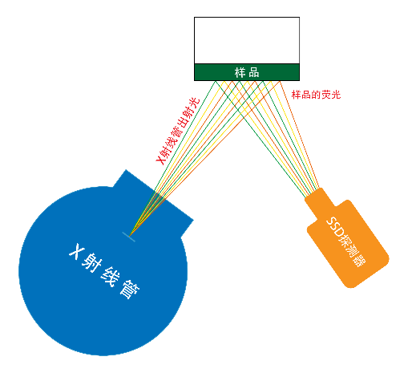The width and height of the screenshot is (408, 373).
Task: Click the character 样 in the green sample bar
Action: [x=240, y=72]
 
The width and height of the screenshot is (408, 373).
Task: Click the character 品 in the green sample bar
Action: [x=254, y=72]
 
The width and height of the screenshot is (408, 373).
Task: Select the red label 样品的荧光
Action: [x=316, y=95]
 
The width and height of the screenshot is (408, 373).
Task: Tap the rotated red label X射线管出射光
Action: [x=178, y=132]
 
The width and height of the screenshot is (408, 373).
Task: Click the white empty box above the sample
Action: [x=247, y=40]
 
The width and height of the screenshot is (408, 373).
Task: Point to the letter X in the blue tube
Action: [x=77, y=251]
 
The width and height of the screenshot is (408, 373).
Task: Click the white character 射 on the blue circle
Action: [x=91, y=262]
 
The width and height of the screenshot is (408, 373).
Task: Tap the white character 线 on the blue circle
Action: [x=111, y=277]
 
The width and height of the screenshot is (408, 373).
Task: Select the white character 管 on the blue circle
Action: [x=130, y=290]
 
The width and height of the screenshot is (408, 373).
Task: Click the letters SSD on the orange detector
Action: [x=335, y=227]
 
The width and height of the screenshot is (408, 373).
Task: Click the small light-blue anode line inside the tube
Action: [x=129, y=237]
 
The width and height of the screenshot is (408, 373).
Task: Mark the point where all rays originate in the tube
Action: [x=129, y=237]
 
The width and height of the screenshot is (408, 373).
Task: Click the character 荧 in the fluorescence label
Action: [x=326, y=95]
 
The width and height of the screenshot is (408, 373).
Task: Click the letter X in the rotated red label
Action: [x=160, y=160]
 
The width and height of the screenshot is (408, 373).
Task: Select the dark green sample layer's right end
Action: [x=299, y=72]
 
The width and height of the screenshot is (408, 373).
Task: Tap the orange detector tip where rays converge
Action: [x=313, y=193]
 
